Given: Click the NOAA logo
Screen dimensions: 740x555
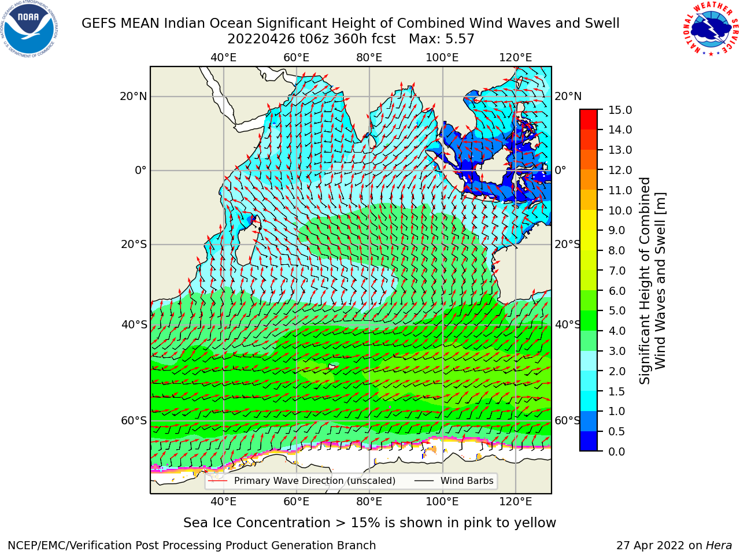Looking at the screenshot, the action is pos(29,29).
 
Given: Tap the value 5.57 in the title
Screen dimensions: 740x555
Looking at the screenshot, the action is pos(460,39).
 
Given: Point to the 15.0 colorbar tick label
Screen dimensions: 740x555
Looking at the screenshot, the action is pos(620,110).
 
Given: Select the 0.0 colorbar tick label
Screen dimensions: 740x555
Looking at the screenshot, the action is pos(617,451).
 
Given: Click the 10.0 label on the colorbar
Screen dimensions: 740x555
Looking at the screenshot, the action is pos(620,210).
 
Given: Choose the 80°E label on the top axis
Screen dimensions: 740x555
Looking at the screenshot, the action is pos(369,58).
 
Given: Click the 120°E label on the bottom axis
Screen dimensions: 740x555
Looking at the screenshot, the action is pos(516,501).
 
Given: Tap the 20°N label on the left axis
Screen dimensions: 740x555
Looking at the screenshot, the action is pos(134,97).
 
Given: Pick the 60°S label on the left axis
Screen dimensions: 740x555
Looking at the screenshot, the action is pos(134,420).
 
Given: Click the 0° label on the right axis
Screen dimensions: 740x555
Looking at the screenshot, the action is pos(560,170).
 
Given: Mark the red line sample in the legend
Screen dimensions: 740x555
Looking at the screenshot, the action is pos(218,481).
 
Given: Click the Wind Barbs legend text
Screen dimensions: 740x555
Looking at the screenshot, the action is pos(467,480).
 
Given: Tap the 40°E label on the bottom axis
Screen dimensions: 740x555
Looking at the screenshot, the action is pos(224,501).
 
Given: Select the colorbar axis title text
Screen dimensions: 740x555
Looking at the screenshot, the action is pos(652,280).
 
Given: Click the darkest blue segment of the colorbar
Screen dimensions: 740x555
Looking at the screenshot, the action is pos(589,441).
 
